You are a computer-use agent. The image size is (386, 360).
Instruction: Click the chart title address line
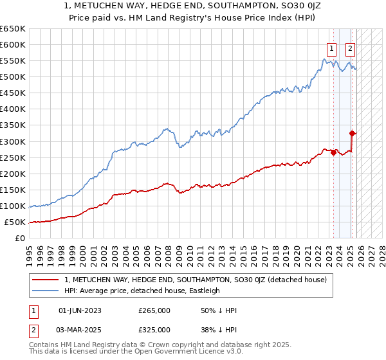(193, 6)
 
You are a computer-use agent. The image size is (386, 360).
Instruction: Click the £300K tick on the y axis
(13, 141)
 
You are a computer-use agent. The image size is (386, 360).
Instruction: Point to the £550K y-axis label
(13, 61)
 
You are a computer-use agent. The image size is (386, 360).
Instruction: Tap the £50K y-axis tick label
(15, 222)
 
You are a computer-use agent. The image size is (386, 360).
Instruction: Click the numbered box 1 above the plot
(331, 48)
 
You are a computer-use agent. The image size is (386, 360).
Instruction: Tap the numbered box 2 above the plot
(351, 48)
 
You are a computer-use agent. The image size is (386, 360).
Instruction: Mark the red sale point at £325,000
(353, 134)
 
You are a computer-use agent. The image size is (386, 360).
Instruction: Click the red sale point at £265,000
(333, 153)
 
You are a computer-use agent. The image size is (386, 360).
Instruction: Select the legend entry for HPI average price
(142, 291)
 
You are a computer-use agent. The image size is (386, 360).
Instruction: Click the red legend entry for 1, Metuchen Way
(196, 280)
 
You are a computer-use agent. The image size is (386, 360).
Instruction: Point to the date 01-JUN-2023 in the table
(80, 310)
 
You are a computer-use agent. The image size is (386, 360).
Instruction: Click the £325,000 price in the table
(154, 329)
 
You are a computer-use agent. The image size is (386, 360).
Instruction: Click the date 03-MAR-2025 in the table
(80, 329)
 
